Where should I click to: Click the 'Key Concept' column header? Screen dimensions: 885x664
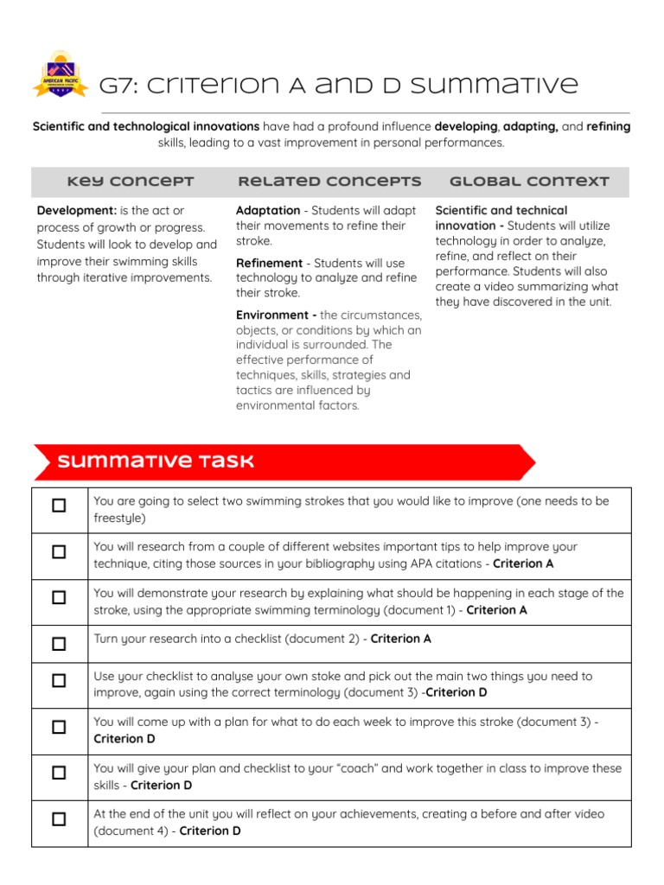coord(131,181)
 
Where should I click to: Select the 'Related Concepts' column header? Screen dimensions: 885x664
coord(329,181)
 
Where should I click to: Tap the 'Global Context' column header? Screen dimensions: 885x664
coord(529,181)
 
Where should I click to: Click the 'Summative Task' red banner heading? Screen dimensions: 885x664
coord(156,462)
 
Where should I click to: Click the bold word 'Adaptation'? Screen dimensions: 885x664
coord(268,211)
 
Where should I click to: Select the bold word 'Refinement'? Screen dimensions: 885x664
coord(269,263)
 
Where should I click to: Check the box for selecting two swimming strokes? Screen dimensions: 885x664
coord(59,506)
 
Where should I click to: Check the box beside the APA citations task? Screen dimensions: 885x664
coord(59,551)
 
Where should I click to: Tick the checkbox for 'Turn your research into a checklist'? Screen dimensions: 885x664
coord(59,643)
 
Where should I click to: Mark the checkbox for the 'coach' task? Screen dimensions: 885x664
coord(59,773)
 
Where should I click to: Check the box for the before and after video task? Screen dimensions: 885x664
coord(59,819)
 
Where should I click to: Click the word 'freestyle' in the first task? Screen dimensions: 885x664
coord(119,519)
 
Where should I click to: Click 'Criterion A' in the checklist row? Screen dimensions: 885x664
coord(400,640)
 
